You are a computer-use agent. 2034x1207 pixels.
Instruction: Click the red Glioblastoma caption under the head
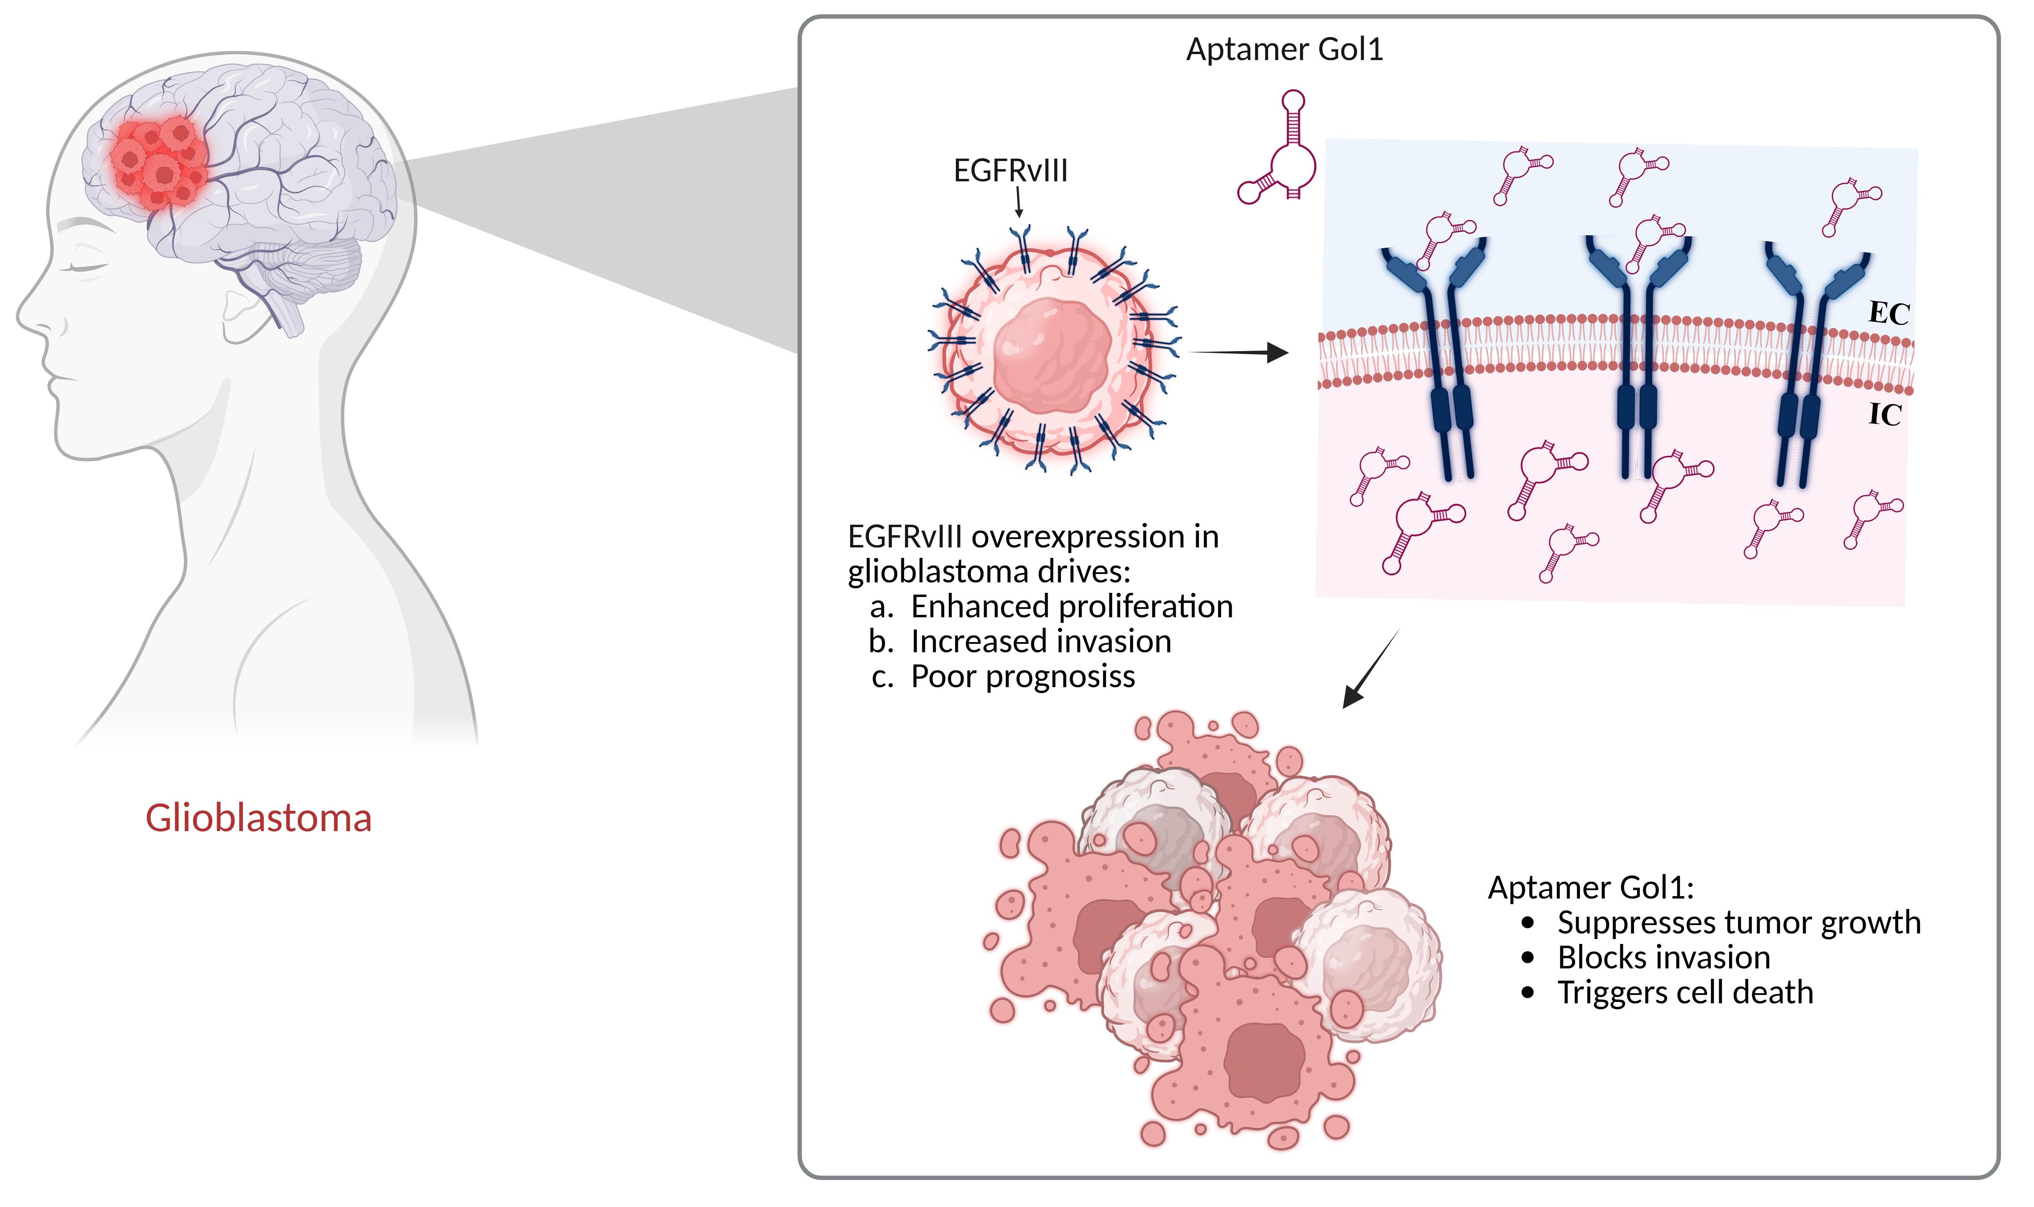(259, 818)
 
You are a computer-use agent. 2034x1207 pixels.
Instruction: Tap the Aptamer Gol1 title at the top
(1284, 50)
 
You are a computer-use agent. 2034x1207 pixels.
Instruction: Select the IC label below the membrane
(1884, 415)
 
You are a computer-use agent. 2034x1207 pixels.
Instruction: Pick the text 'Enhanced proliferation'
(1072, 607)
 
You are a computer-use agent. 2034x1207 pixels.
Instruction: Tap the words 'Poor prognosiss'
(1023, 677)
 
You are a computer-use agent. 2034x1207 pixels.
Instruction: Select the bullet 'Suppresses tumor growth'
(1739, 922)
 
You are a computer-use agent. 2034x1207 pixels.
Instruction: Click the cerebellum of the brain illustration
(313, 264)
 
